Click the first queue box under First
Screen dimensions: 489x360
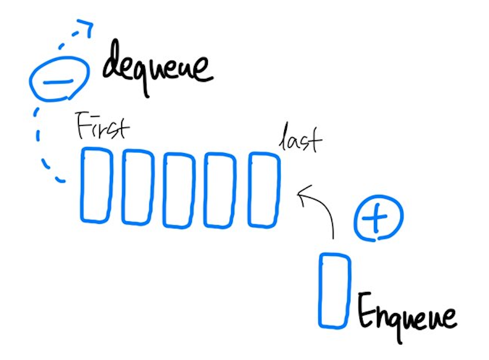click(96, 186)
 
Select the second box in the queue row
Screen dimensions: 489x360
click(137, 187)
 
